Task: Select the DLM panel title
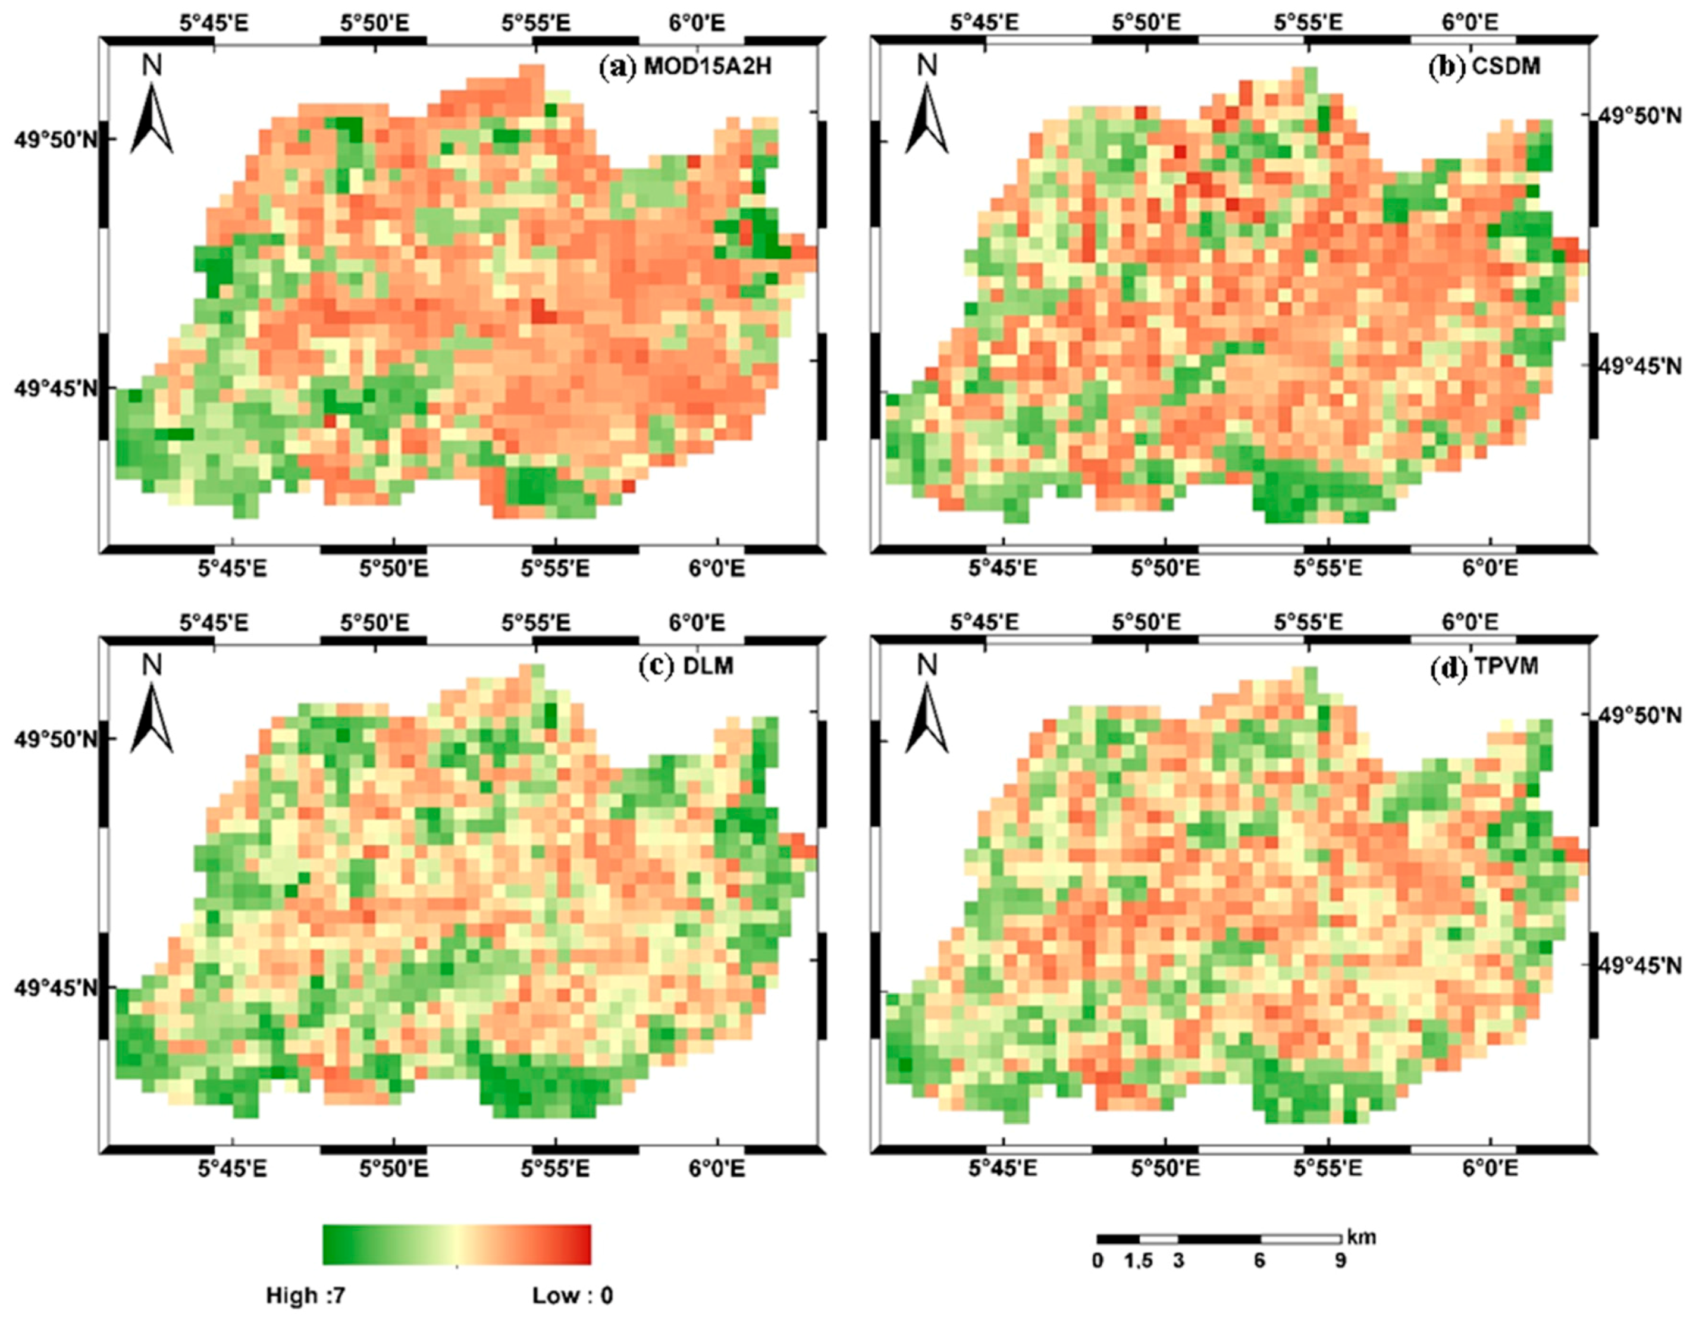click(685, 666)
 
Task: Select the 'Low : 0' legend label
click(572, 1296)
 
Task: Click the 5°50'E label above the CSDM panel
click(1146, 24)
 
